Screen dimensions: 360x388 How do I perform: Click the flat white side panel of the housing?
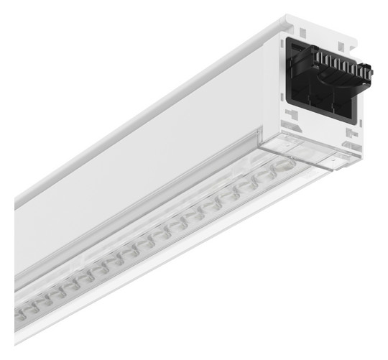tap(144, 172)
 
